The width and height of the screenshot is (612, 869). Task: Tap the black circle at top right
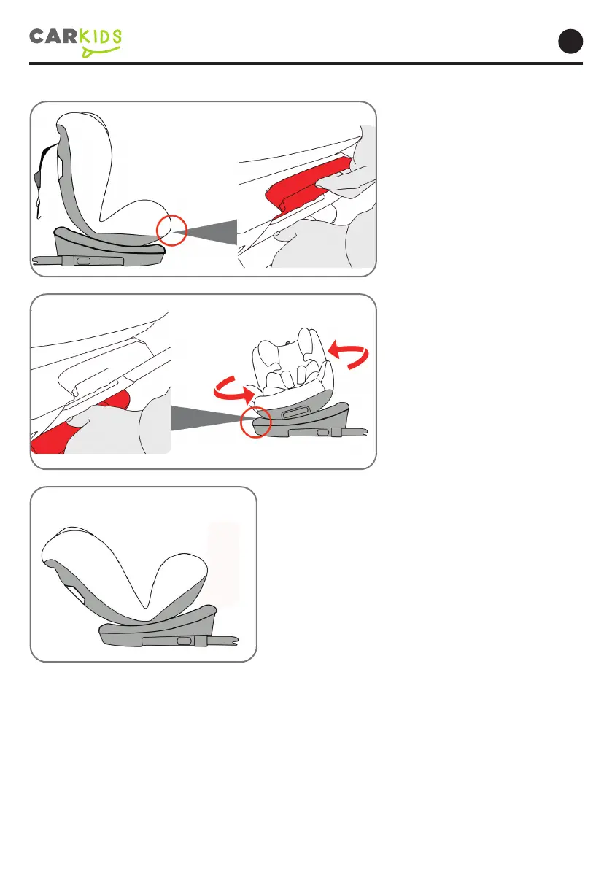click(570, 42)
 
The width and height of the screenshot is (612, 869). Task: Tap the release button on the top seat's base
click(83, 260)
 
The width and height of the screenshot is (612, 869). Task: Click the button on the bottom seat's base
click(185, 641)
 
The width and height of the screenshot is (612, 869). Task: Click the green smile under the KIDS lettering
click(101, 52)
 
